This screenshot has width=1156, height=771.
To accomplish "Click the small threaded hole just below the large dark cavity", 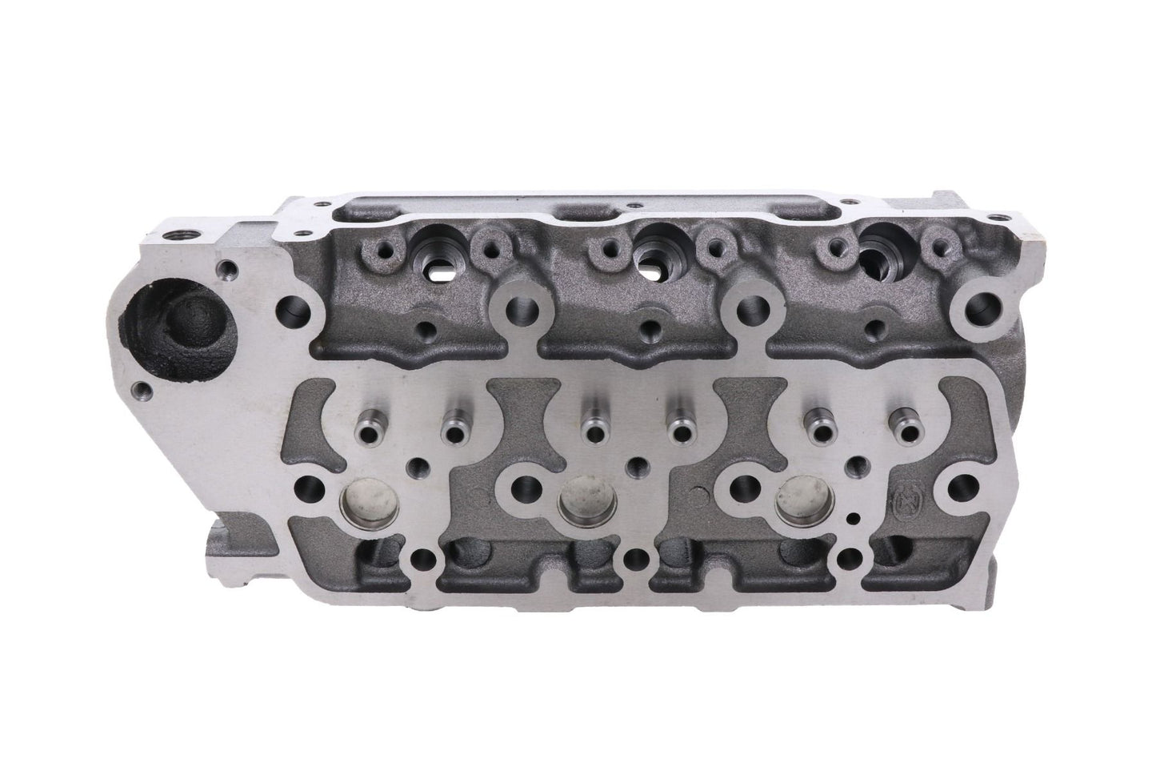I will click(142, 391).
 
